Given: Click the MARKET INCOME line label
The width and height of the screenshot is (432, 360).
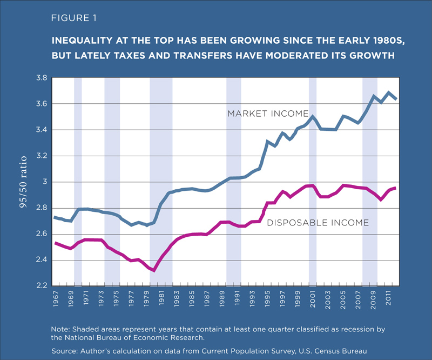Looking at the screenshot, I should (x=267, y=114).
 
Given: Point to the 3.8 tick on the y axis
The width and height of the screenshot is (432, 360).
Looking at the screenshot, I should (x=42, y=78).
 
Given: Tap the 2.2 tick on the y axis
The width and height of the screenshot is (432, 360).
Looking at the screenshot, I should (x=42, y=286).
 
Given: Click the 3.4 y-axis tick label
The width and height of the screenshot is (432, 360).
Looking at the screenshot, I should (x=42, y=130).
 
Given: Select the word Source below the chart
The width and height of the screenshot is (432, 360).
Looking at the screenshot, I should (x=65, y=351).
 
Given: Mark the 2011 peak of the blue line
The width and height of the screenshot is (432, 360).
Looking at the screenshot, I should (x=388, y=92).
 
